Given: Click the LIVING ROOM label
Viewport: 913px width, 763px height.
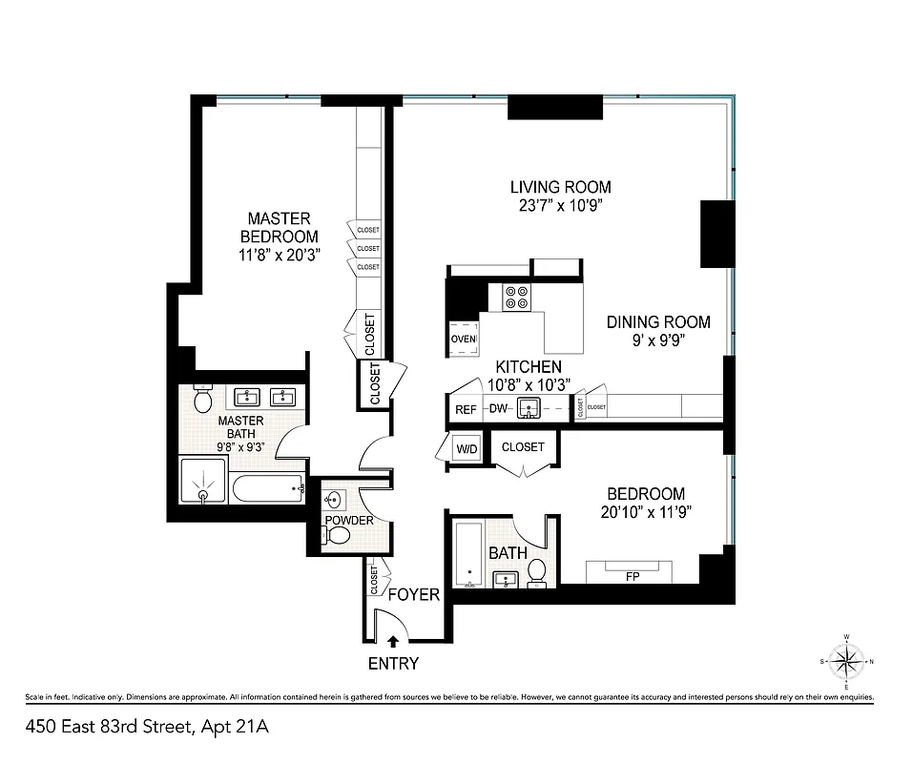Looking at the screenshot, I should [560, 187].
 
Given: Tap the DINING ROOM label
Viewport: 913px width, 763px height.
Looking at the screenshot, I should [658, 322].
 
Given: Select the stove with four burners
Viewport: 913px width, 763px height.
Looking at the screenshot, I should [516, 298].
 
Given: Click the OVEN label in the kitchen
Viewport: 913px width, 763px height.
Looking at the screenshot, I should [463, 339].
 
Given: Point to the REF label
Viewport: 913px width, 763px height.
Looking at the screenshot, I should [466, 409].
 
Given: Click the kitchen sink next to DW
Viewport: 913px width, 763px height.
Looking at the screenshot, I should [528, 409].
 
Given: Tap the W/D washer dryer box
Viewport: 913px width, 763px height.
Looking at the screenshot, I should [467, 447].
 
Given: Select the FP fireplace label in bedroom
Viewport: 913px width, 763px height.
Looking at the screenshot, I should [632, 576].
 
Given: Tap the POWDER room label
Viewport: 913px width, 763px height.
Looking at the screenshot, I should [349, 520].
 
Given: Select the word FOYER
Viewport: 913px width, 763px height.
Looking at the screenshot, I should [413, 595].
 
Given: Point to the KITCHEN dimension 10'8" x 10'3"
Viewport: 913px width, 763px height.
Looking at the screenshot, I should [528, 383].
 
